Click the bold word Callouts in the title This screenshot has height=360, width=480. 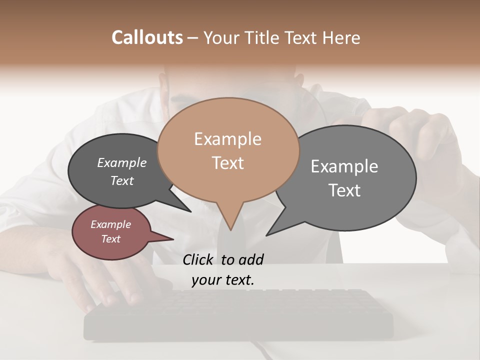tap(147, 37)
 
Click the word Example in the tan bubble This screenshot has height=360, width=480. tap(227, 139)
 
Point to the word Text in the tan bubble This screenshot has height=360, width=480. tap(228, 163)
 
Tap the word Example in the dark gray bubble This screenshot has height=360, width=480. tap(121, 162)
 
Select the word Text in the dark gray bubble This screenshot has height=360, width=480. tap(121, 180)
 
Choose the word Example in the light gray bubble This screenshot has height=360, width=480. tap(344, 166)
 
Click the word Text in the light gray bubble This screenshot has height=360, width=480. tap(344, 190)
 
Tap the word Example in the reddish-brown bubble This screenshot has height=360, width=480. tap(110, 224)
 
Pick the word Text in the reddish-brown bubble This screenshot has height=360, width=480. tap(110, 239)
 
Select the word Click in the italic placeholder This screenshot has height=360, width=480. tap(199, 259)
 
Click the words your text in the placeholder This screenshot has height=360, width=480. tap(222, 280)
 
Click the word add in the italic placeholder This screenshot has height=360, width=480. tap(251, 259)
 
